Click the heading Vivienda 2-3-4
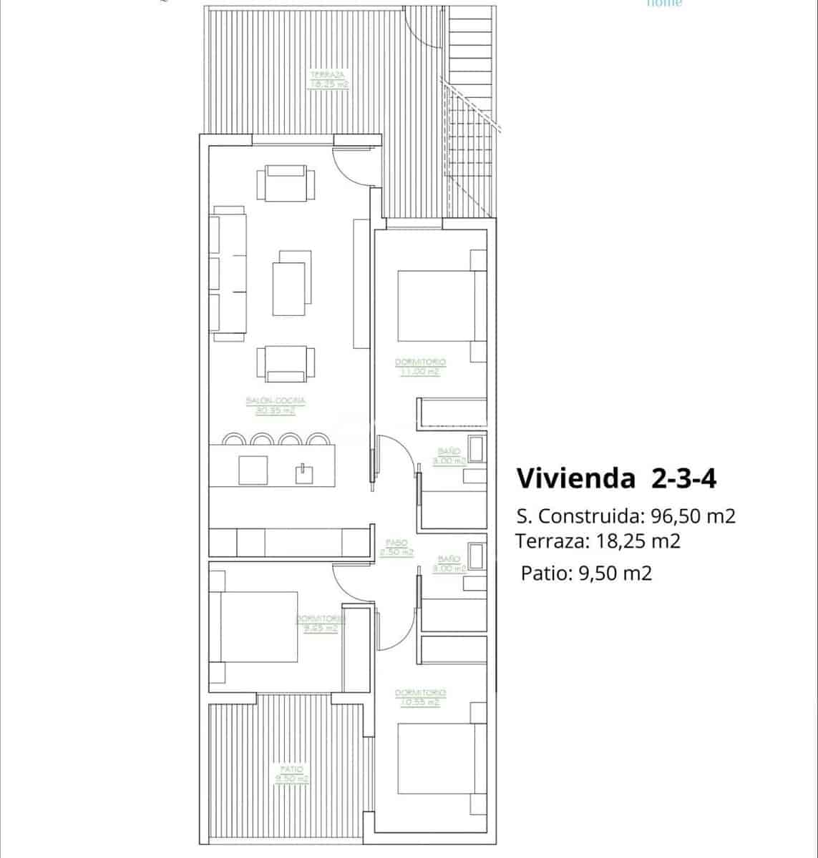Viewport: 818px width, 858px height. point(616,478)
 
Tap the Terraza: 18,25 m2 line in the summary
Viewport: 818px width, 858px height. point(598,541)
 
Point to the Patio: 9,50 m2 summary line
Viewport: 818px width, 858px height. point(586,573)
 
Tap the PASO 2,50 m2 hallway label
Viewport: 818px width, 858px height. point(396,548)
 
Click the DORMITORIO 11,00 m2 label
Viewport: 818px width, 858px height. point(420,367)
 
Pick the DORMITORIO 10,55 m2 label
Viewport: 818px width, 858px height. point(420,697)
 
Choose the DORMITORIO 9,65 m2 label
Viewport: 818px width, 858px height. point(320,623)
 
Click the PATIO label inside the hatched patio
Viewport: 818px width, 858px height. point(292,774)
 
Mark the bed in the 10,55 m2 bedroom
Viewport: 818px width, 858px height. point(435,759)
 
